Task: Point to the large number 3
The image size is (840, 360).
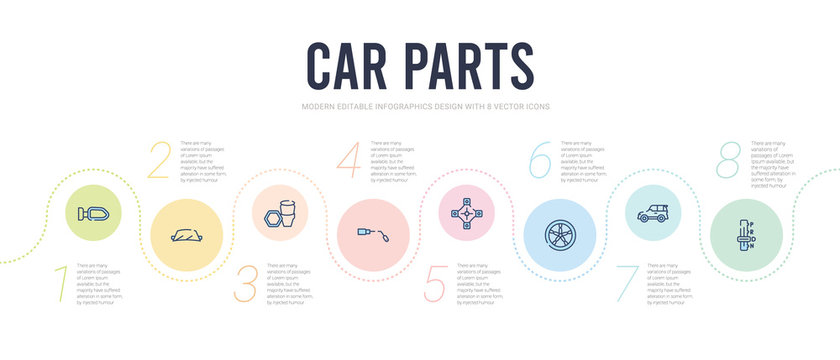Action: (246, 284)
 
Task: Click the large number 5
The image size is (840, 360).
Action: (435, 284)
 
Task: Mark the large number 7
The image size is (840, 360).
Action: (628, 284)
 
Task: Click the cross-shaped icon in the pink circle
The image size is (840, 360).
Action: (468, 212)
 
